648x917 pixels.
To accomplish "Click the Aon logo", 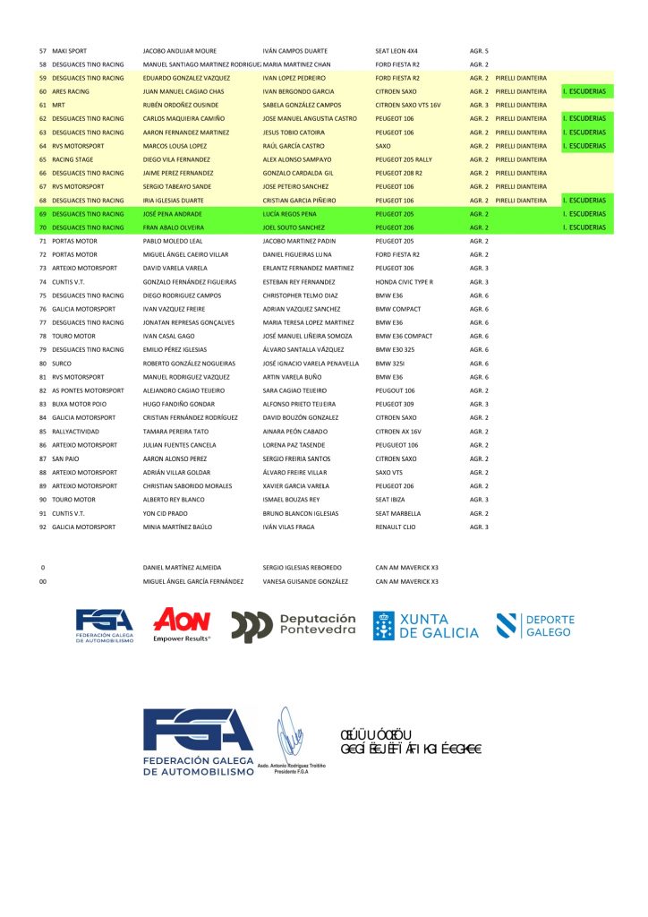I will pos(182,624).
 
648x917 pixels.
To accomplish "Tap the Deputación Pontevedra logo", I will pos(294,625).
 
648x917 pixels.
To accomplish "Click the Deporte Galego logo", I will pos(535,625).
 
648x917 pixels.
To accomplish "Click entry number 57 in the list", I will pos(43,51).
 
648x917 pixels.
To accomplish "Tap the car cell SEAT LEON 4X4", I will pos(396,51).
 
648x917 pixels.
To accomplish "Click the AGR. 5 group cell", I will pos(479,51).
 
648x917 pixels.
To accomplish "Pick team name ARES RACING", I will pos(71,91).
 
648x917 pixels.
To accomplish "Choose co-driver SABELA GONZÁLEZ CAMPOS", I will pos(302,105).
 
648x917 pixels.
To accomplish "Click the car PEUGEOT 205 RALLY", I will pos(404,159).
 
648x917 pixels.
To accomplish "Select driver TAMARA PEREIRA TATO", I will pos(176,432).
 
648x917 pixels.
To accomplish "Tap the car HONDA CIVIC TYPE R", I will pos(405,282).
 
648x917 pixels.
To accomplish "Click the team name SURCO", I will pos(63,364).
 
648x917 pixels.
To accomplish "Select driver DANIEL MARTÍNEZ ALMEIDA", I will pos(183,568).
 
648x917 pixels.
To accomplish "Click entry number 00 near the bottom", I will pos(43,581).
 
